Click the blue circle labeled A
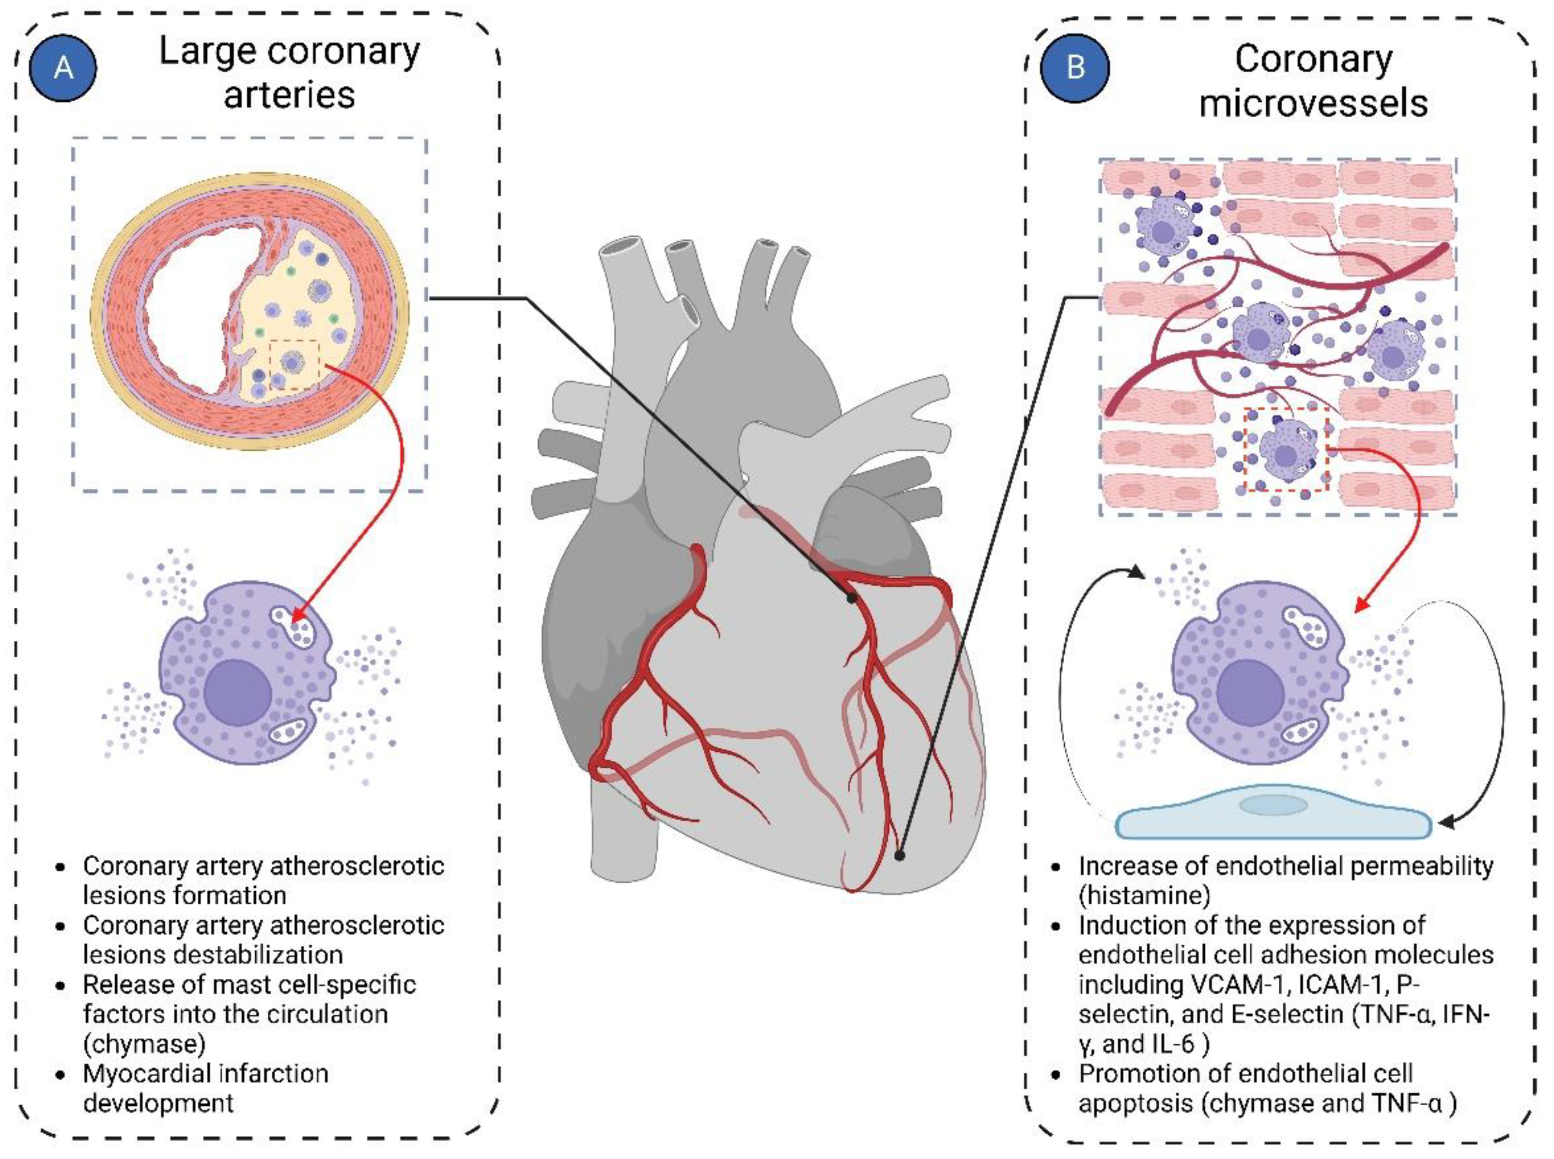[x=63, y=68]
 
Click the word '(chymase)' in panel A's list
[x=144, y=1043]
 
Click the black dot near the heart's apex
[x=900, y=855]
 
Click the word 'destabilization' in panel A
[x=213, y=955]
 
